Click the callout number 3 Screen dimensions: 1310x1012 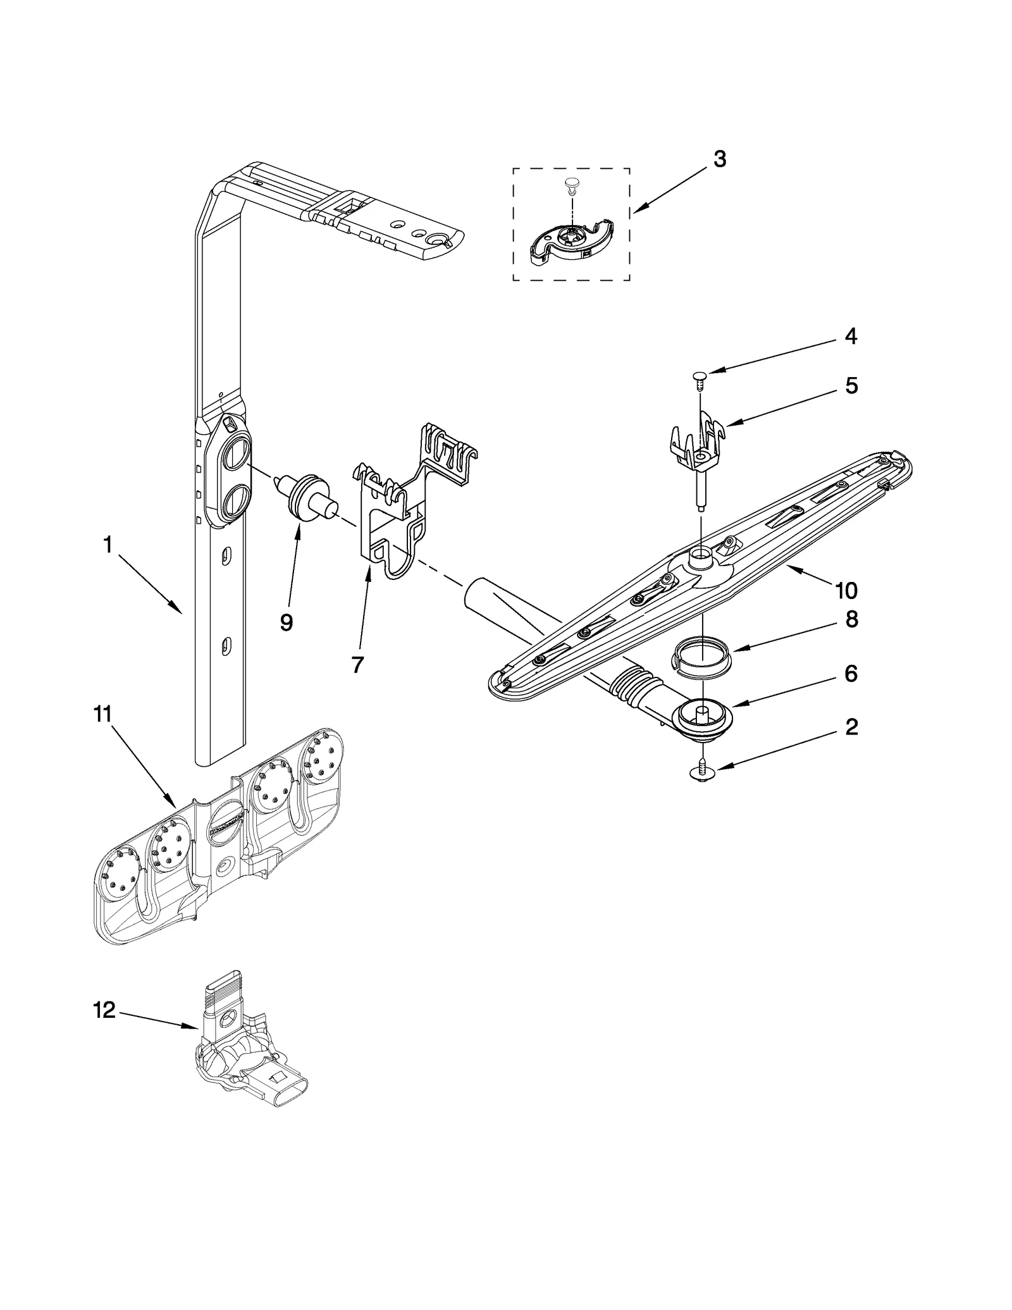click(719, 159)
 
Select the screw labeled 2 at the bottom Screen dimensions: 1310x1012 click(701, 771)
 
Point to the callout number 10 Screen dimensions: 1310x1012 click(846, 591)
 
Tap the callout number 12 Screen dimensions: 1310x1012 click(104, 1010)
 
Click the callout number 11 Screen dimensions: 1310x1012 click(102, 714)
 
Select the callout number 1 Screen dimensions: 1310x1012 click(108, 545)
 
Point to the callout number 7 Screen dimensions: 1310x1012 click(357, 664)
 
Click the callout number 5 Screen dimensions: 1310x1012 click(851, 385)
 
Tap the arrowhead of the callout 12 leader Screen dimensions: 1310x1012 click(197, 1029)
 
